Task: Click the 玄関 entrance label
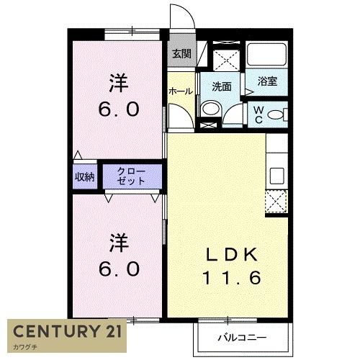tap(181, 54)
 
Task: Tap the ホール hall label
tap(180, 91)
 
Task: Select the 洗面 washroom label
tap(222, 86)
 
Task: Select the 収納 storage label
tap(84, 176)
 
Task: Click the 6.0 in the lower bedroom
tap(118, 269)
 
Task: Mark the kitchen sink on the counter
tap(276, 175)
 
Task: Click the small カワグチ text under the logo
tap(25, 348)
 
